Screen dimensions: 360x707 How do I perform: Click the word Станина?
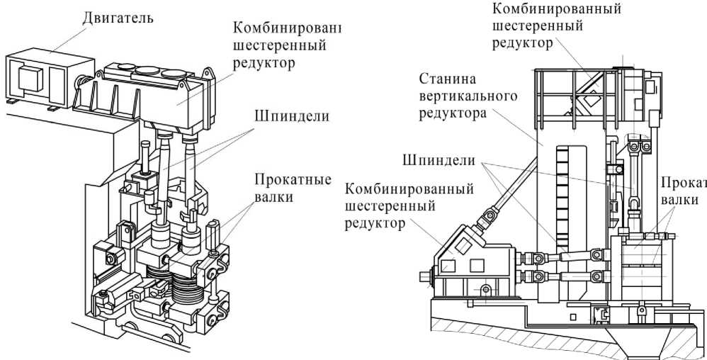tap(446, 78)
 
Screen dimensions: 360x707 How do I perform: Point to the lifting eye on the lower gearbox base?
tap(485, 288)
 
